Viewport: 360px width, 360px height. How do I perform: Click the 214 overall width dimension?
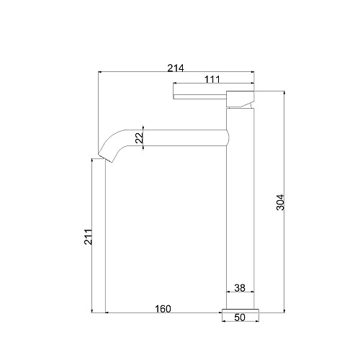(x=176, y=68)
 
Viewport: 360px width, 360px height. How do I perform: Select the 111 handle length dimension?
(x=212, y=79)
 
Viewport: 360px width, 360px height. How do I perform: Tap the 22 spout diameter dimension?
(x=139, y=138)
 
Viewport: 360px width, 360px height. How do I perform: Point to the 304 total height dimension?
(x=280, y=202)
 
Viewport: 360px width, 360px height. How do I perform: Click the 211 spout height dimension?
(x=88, y=237)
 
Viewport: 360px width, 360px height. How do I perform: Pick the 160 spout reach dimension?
(x=163, y=309)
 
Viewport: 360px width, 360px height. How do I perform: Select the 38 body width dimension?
(x=240, y=288)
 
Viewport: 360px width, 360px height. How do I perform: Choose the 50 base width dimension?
(x=240, y=318)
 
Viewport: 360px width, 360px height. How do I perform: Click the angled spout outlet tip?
(x=106, y=158)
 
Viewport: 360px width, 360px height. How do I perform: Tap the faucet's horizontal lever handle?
(x=200, y=96)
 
